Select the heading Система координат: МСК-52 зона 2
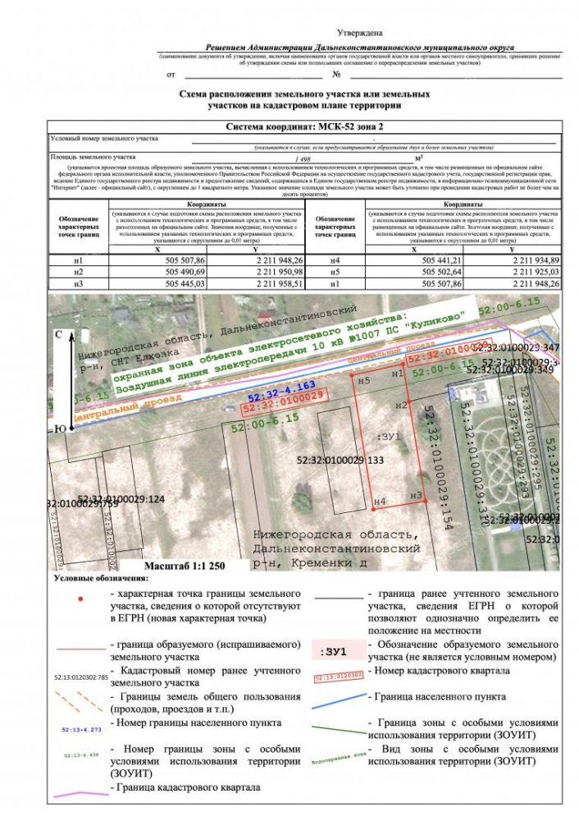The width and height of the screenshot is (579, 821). pyautogui.click(x=303, y=128)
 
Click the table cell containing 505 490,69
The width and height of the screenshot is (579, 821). pyautogui.click(x=186, y=272)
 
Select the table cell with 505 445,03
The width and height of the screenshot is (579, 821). pyautogui.click(x=186, y=283)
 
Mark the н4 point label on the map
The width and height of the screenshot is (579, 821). pyautogui.click(x=379, y=501)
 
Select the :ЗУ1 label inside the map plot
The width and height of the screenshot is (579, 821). pyautogui.click(x=387, y=437)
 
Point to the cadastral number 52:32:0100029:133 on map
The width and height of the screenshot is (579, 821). pyautogui.click(x=341, y=461)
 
